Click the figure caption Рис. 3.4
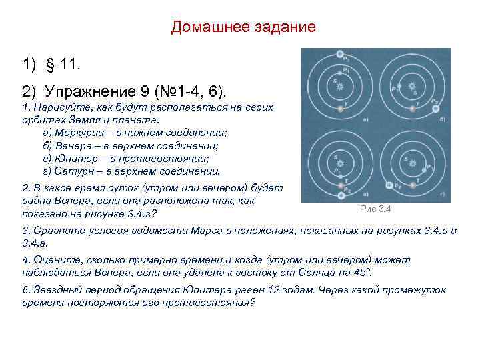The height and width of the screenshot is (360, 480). [x=376, y=209]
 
